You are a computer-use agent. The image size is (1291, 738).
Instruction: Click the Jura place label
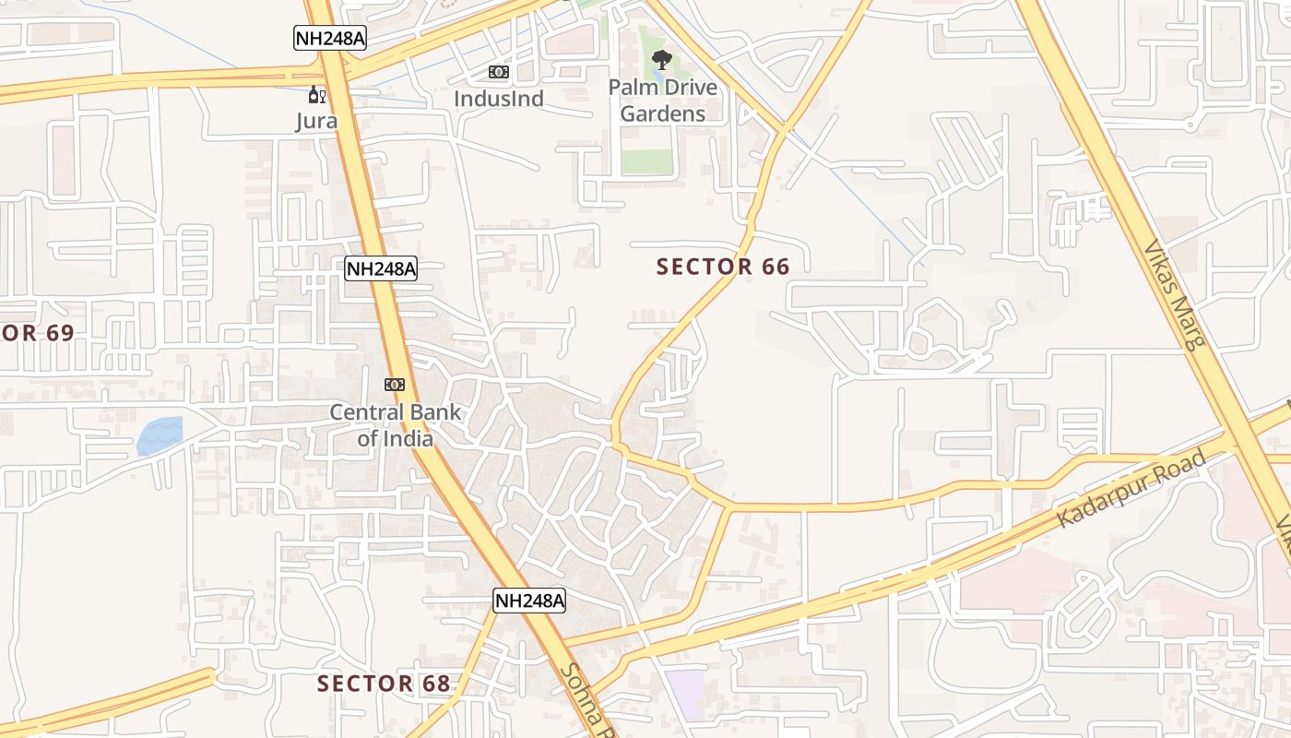coord(316,121)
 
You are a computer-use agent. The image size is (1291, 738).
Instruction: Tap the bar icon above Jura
coord(316,94)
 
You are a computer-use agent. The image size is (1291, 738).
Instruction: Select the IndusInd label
coord(499,99)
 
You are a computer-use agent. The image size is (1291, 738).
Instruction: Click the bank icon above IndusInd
coord(499,72)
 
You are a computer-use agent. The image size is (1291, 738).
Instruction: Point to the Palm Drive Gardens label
coord(662,101)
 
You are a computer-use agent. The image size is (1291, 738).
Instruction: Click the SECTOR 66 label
coord(723,268)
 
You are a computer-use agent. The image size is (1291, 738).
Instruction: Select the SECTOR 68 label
coord(384,684)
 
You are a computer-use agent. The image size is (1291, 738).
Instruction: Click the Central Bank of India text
coord(396,425)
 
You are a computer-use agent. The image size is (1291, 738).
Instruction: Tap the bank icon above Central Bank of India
coord(395,384)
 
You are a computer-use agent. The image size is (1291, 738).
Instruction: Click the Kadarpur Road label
coord(1131,489)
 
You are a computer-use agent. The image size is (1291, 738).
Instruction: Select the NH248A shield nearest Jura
coord(330,38)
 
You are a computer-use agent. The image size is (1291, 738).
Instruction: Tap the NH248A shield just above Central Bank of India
coord(381,269)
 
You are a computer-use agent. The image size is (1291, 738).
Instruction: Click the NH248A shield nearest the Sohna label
coord(529,601)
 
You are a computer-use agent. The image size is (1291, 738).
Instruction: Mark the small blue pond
coord(160,435)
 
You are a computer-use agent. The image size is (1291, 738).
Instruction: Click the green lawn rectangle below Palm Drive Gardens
coord(647,161)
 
